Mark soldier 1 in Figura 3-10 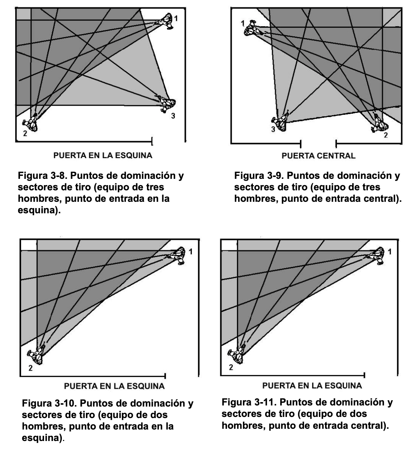[178, 255]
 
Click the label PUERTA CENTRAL [318, 156]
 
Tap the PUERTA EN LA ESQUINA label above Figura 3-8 [103, 155]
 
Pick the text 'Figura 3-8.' [41, 176]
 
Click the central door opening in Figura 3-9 [318, 143]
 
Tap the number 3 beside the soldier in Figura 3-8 [173, 116]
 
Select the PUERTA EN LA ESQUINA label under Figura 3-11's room [312, 386]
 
